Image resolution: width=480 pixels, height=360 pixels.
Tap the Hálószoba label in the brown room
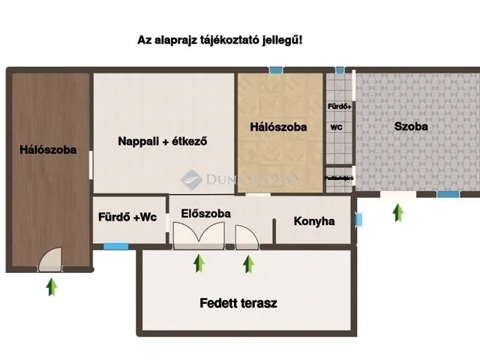[48, 150]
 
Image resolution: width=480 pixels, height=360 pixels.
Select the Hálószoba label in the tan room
[278, 127]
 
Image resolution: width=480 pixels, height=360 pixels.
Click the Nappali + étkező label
[162, 140]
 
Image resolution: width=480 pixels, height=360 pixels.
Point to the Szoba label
[411, 126]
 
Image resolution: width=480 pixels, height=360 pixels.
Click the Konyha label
[313, 221]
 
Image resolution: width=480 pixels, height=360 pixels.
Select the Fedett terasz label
[238, 304]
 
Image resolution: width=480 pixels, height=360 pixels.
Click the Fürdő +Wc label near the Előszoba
[127, 218]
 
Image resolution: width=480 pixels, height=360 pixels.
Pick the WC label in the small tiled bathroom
[336, 127]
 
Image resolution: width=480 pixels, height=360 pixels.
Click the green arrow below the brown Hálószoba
[51, 286]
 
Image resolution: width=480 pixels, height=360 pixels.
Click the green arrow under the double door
[199, 263]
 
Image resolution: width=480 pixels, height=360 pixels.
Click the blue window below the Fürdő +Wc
[115, 245]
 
